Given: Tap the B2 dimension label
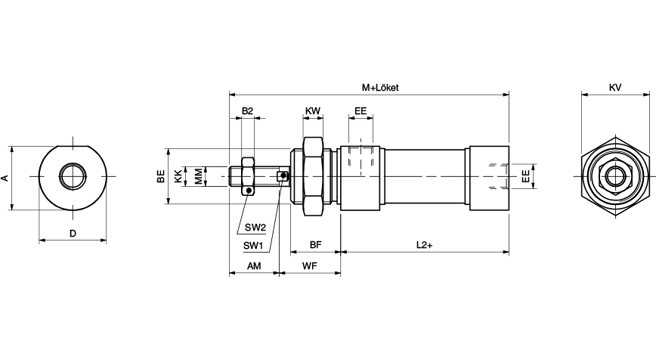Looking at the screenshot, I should (247, 111).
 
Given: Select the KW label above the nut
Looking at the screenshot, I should (313, 111).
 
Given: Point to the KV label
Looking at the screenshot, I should (615, 88).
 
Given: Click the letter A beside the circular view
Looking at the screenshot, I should (5, 178).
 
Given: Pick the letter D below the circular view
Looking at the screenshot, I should (73, 234).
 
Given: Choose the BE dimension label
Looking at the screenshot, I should (160, 177).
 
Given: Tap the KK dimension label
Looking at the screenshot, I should (178, 177).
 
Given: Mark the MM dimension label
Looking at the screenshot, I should (198, 177).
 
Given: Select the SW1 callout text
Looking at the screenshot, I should (252, 245).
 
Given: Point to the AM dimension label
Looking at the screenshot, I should (254, 265).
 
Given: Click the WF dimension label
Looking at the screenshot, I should (309, 265).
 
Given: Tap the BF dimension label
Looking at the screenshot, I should (315, 245).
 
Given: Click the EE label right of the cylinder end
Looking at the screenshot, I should (524, 177).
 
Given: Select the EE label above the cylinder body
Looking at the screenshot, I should (360, 111).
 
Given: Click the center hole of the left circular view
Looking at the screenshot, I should (73, 176).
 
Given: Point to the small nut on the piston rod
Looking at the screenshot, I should (247, 175).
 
